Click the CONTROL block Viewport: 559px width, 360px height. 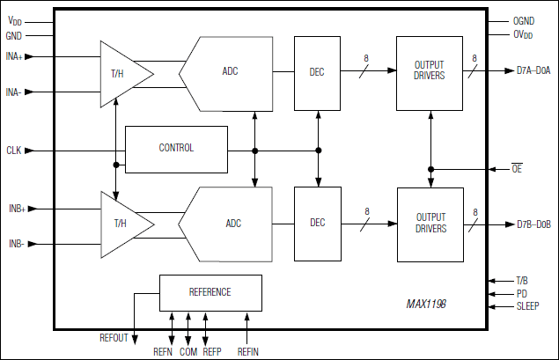[176, 148]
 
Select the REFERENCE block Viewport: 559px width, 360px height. [210, 292]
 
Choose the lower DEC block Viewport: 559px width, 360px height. [318, 224]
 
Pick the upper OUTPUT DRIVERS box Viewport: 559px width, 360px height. [430, 74]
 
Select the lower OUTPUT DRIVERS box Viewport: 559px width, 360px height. [430, 224]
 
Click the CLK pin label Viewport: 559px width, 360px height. [14, 151]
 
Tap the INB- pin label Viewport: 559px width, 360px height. [15, 243]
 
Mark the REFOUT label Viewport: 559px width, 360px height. [114, 338]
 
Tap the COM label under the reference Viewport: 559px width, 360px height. [189, 351]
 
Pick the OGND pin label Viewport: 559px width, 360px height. [525, 20]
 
